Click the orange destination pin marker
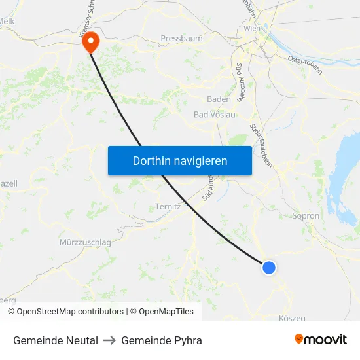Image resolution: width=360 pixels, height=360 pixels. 89,42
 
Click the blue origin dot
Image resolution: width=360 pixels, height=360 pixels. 268,267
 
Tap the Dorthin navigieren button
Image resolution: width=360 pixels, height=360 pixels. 180,160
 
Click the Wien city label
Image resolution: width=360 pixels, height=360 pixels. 251,29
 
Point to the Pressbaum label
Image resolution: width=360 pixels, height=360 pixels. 181,39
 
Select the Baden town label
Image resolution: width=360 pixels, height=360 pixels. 219,99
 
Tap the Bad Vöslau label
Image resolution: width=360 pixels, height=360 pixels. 213,115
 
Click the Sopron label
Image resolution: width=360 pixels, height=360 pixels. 306,215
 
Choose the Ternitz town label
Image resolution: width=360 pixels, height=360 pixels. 168,207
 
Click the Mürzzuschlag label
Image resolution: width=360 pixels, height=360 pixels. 85,242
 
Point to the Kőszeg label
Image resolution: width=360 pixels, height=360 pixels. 292,318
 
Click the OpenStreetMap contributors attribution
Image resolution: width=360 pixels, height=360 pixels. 70,312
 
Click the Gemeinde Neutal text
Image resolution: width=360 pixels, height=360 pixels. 56,340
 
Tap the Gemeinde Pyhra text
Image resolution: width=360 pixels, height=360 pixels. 162,340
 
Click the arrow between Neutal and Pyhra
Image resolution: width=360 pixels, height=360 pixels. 109,340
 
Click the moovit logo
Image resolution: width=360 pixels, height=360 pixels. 320,339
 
